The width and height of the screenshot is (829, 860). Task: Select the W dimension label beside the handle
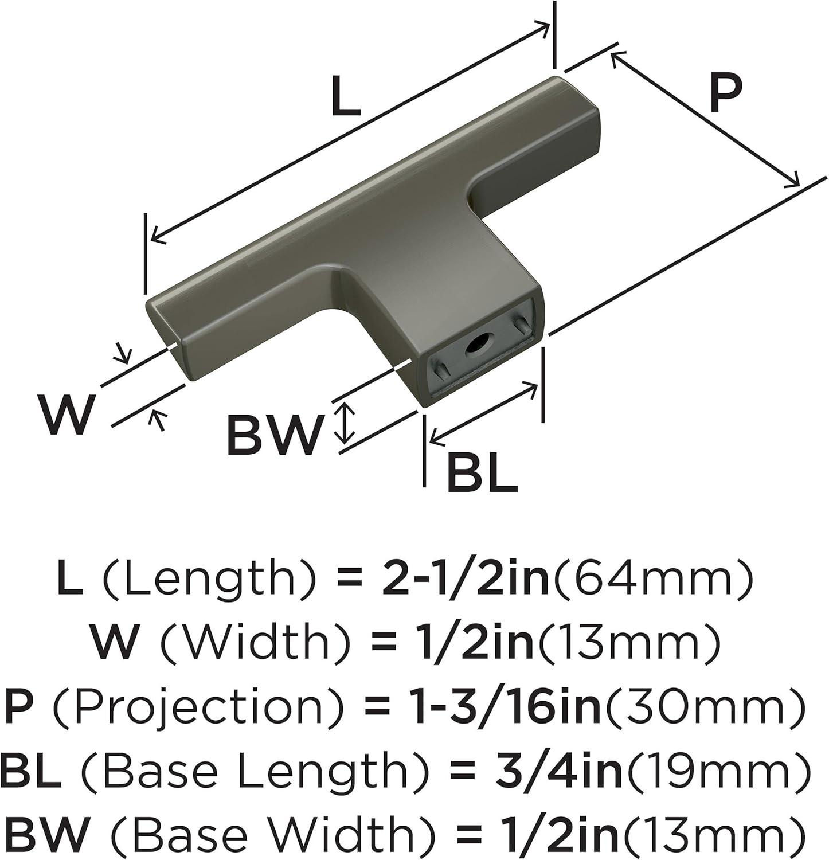65,415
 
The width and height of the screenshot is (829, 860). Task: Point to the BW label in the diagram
272,435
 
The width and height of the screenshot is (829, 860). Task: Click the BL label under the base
482,472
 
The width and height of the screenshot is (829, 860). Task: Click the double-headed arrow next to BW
344,423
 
